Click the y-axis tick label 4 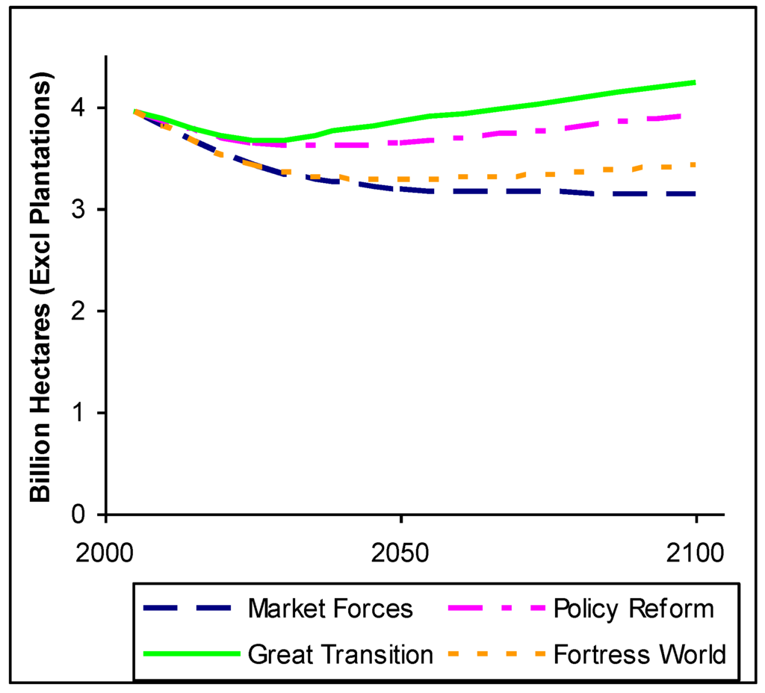pyautogui.click(x=84, y=108)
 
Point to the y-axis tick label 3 pyautogui.click(x=84, y=209)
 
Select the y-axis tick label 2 pyautogui.click(x=84, y=311)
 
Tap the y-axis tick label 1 pyautogui.click(x=84, y=412)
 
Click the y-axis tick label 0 pyautogui.click(x=84, y=515)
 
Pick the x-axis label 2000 pyautogui.click(x=107, y=556)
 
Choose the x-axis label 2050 pyautogui.click(x=401, y=556)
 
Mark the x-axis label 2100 pyautogui.click(x=696, y=556)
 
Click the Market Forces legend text pyautogui.click(x=330, y=609)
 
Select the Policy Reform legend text pyautogui.click(x=634, y=609)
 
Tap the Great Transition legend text pyautogui.click(x=341, y=655)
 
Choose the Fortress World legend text pyautogui.click(x=639, y=655)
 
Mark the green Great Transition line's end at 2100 pyautogui.click(x=695, y=82)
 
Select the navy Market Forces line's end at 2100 pyautogui.click(x=695, y=193)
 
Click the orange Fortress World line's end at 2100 pyautogui.click(x=695, y=164)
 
